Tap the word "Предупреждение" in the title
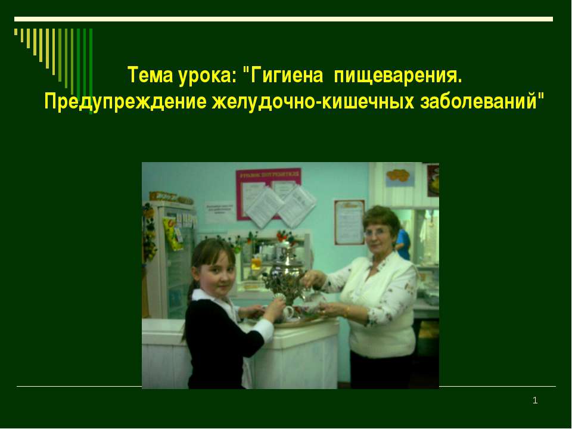[x=126, y=101]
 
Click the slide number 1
[x=534, y=401]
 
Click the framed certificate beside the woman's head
[x=349, y=221]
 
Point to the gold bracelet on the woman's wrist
[x=347, y=312]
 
